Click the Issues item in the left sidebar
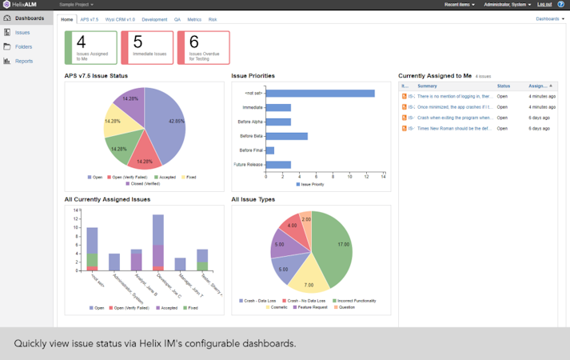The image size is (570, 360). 22,33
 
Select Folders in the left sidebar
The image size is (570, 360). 23,47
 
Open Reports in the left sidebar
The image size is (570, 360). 23,61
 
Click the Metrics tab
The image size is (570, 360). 194,18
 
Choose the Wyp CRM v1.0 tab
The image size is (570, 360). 119,18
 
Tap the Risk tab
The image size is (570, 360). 213,18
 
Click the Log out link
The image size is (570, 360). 544,5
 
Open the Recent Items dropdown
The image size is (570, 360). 460,5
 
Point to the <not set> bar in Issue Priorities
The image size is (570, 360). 320,94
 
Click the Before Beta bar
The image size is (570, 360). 286,136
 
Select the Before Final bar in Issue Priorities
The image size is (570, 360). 269,150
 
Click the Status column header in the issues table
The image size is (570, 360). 504,86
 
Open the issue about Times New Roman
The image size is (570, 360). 453,128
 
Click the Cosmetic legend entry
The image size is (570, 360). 279,307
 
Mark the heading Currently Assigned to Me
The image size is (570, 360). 436,76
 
